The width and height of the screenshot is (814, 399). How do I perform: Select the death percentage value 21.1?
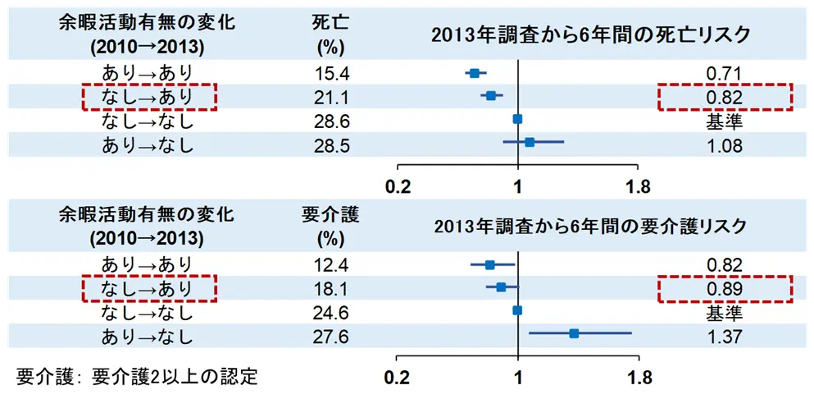[x=332, y=99]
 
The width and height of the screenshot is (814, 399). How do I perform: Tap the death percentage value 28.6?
[x=332, y=122]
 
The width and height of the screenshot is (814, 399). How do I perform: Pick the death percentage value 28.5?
[x=332, y=145]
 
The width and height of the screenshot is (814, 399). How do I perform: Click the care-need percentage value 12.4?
[x=332, y=265]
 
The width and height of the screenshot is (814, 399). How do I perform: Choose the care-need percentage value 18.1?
[x=332, y=289]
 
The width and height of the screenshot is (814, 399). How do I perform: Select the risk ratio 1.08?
[x=724, y=145]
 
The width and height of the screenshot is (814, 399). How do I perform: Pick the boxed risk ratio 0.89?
[x=724, y=289]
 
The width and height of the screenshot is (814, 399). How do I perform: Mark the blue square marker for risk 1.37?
[x=574, y=333]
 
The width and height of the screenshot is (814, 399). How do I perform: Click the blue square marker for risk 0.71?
[x=474, y=74]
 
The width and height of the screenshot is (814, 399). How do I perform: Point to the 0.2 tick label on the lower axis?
[x=400, y=378]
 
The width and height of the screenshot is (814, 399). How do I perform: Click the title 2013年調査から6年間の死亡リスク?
[x=591, y=35]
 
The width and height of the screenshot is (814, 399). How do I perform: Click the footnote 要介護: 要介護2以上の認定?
[x=138, y=377]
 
